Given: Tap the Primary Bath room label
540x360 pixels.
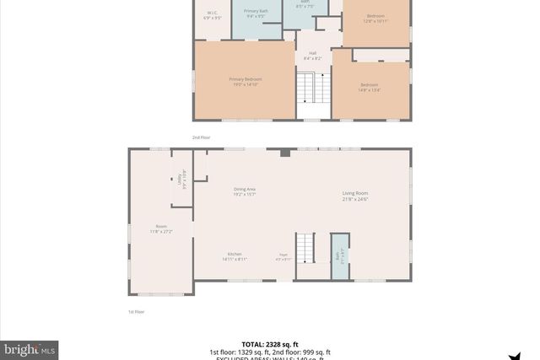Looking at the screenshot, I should click(x=256, y=13).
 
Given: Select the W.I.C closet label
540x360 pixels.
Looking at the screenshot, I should click(x=213, y=13).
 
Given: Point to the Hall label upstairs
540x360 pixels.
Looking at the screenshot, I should click(x=312, y=56).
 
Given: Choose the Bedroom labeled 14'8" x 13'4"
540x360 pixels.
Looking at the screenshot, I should click(x=370, y=87).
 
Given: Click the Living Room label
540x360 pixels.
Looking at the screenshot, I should click(x=355, y=196).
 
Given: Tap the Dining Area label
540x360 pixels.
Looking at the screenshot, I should click(x=245, y=191).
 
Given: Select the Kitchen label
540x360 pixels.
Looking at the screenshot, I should click(x=235, y=256).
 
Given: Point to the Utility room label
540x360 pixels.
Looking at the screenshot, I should click(x=182, y=179).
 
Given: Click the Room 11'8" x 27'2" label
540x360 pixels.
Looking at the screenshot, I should click(x=161, y=228).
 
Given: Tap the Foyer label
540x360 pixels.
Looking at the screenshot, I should click(x=284, y=256).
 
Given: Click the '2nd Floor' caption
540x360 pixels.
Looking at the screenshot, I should click(x=201, y=137).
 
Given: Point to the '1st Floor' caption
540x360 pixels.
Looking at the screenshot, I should click(x=136, y=312).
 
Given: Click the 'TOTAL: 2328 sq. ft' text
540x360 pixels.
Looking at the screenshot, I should click(x=270, y=345).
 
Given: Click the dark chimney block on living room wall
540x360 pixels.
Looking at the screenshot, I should click(x=285, y=153).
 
